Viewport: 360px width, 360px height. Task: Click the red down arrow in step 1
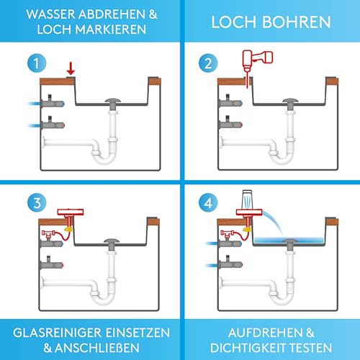(70, 68)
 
